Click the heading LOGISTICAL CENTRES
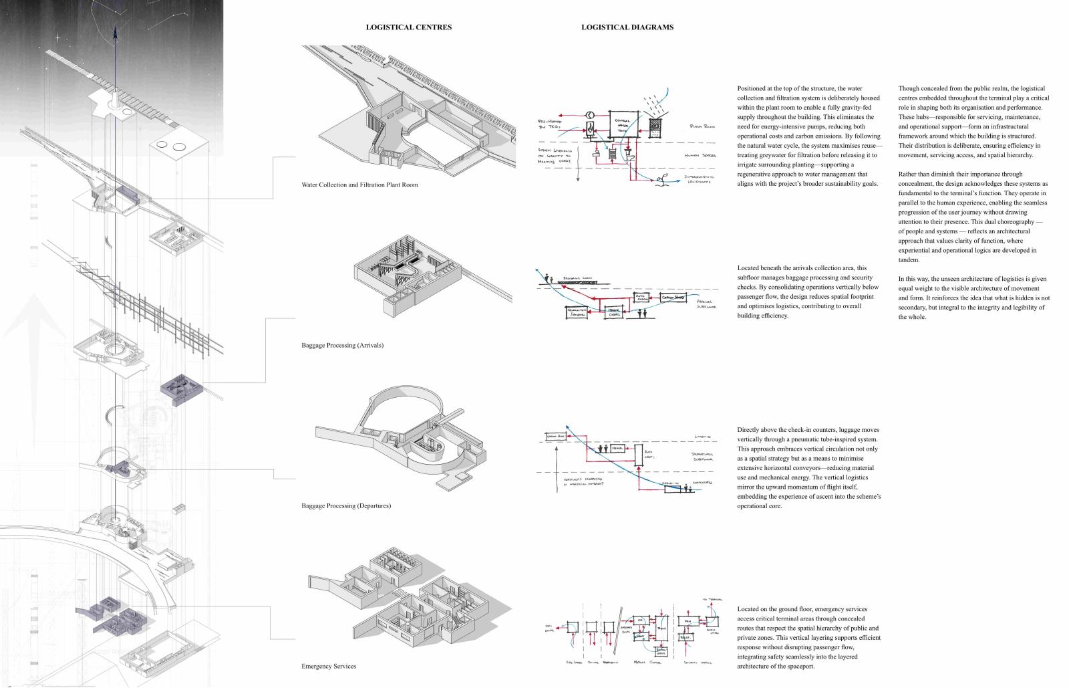[x=408, y=27]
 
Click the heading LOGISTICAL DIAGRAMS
[x=627, y=27]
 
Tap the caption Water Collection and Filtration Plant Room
[x=359, y=185]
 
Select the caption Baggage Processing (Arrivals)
[x=342, y=346]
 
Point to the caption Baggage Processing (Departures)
[x=346, y=506]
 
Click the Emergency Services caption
[x=329, y=667]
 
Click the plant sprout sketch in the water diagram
[x=663, y=180]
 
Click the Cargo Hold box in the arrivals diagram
[x=673, y=296]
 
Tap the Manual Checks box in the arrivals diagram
[x=615, y=311]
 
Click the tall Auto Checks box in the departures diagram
[x=638, y=457]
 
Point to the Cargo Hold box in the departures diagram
[x=555, y=436]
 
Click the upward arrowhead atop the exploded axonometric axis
[x=114, y=30]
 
